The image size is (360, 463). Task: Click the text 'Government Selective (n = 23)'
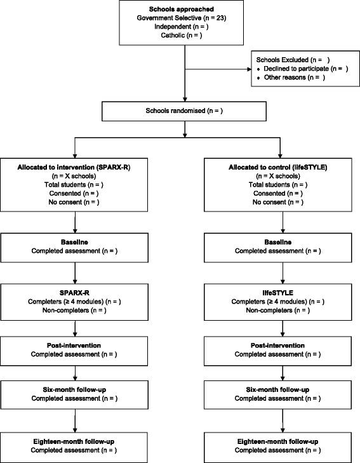pos(185,19)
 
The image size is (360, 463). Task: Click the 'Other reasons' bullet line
pos(289,77)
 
